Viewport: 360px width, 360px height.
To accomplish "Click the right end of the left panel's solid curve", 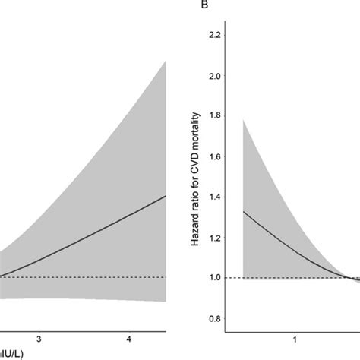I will click(x=166, y=195).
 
